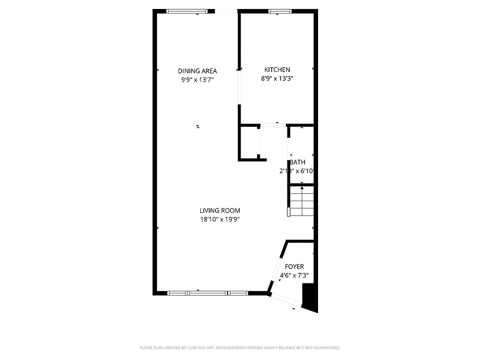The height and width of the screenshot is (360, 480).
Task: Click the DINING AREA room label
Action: click(197, 71)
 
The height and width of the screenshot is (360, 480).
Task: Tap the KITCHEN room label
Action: click(277, 70)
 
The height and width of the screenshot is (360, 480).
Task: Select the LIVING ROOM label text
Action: click(220, 211)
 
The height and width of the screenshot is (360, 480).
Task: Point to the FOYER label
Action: click(294, 267)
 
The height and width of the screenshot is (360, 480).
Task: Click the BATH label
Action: click(297, 162)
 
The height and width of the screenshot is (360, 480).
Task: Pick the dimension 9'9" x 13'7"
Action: click(197, 80)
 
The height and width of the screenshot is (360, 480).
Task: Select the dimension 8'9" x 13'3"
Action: click(277, 79)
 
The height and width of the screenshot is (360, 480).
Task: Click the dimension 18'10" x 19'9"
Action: click(220, 220)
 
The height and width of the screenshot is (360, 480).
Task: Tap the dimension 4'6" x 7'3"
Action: click(294, 276)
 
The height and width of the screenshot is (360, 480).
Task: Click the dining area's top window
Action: click(188, 11)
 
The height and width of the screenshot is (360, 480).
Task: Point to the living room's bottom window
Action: click(207, 293)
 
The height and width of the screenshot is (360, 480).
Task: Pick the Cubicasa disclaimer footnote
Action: click(240, 348)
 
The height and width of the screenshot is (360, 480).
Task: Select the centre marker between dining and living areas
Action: click(198, 126)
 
